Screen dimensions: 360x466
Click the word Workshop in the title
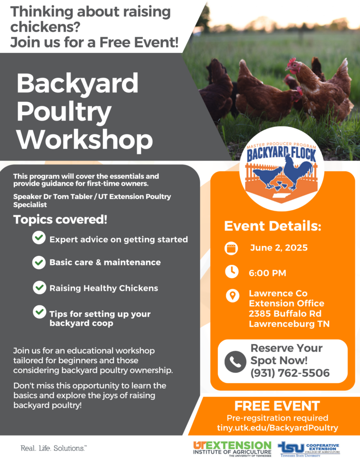(x=85, y=140)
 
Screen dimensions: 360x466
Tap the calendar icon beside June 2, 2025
(x=231, y=248)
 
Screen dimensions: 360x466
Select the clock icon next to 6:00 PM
(x=232, y=272)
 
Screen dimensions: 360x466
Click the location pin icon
(x=233, y=296)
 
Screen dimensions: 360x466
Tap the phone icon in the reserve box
(x=235, y=362)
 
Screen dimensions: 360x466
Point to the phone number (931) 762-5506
(x=290, y=373)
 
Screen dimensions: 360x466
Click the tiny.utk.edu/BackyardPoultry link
(x=277, y=428)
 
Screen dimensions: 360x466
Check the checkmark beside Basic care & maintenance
(x=39, y=263)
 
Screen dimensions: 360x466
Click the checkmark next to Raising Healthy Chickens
(x=39, y=288)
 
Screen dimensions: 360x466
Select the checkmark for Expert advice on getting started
(x=39, y=238)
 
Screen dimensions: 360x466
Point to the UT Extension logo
(x=232, y=449)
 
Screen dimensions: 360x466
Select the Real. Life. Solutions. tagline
(x=54, y=448)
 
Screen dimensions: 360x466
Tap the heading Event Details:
(x=273, y=226)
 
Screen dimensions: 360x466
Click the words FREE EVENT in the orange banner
(x=277, y=406)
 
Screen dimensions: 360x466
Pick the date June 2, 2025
(x=279, y=248)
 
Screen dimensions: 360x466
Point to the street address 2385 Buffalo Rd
(x=285, y=314)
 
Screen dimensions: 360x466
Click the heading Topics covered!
(x=60, y=220)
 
